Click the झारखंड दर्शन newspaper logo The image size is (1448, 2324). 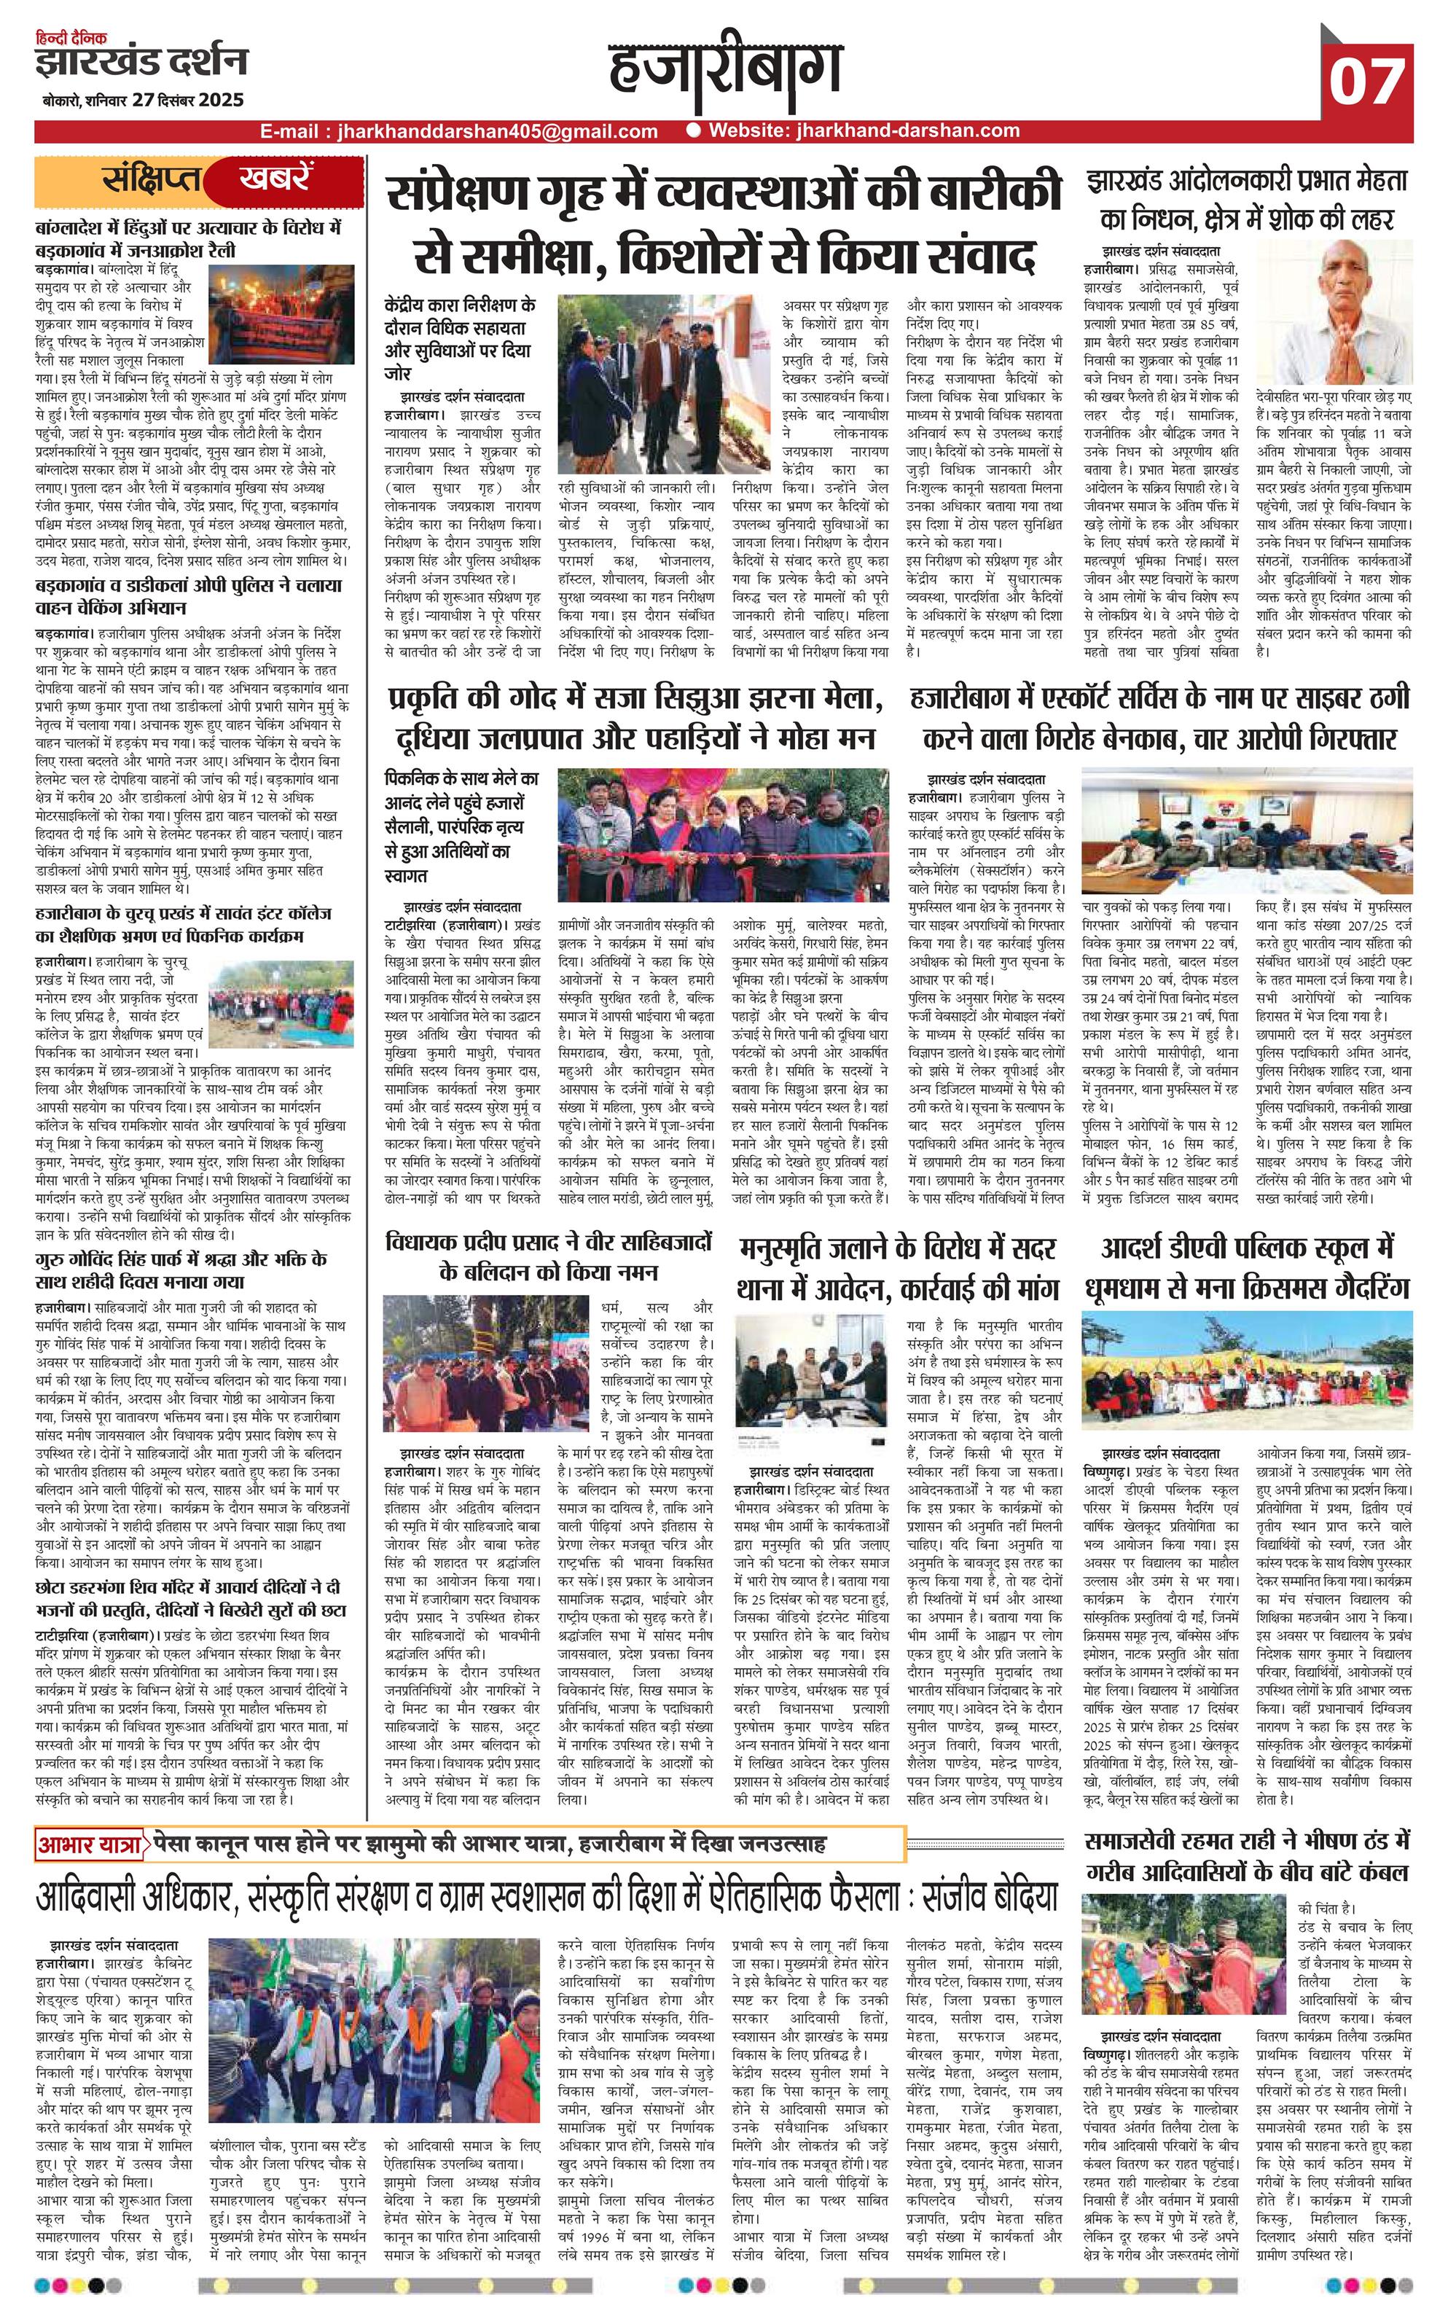click(141, 61)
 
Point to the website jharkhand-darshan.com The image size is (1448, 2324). click(863, 131)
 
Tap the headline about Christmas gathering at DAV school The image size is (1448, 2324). click(1247, 1267)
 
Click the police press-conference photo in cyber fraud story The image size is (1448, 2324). click(1247, 836)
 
